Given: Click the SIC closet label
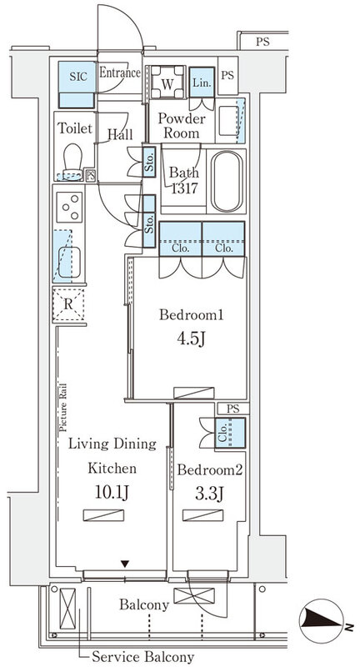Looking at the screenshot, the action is coord(78,77).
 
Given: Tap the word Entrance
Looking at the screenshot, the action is coord(120,73).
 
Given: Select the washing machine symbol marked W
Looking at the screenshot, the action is coord(167,82).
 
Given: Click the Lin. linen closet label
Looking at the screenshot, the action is coord(202,83).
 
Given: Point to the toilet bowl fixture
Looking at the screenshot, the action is coord(72,162).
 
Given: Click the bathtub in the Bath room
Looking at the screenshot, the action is coord(227,181).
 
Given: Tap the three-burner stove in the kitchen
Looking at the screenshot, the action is coord(70,207).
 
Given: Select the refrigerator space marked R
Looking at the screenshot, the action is coord(68,304).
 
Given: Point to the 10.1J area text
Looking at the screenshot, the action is coord(112,494).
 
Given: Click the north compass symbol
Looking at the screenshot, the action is coord(322,621).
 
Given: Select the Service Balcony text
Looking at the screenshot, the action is coord(143,656).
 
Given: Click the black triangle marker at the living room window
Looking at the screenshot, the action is coord(124,564).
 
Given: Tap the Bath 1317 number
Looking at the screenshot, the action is coord(185,188).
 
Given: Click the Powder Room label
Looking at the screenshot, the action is coord(182,126).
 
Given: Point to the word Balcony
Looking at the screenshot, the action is coord(144,604).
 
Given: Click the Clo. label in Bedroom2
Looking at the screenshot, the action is coord(222,432).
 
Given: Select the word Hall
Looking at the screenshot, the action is coord(120,134).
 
